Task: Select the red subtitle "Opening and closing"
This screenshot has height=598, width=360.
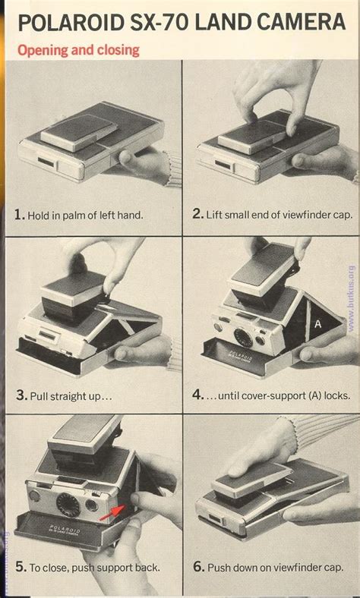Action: click(79, 51)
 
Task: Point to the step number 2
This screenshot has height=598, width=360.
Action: click(197, 213)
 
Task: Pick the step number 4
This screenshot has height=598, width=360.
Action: click(197, 395)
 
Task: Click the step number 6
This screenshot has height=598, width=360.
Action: click(198, 566)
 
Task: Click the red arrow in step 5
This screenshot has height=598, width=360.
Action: click(112, 511)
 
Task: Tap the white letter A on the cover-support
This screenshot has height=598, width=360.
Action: click(318, 325)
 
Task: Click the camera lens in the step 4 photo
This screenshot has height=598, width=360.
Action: click(243, 337)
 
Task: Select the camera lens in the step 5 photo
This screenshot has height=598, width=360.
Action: click(68, 505)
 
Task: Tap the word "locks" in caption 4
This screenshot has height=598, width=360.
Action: click(336, 395)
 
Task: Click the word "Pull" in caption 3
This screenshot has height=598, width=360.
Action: click(38, 396)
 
